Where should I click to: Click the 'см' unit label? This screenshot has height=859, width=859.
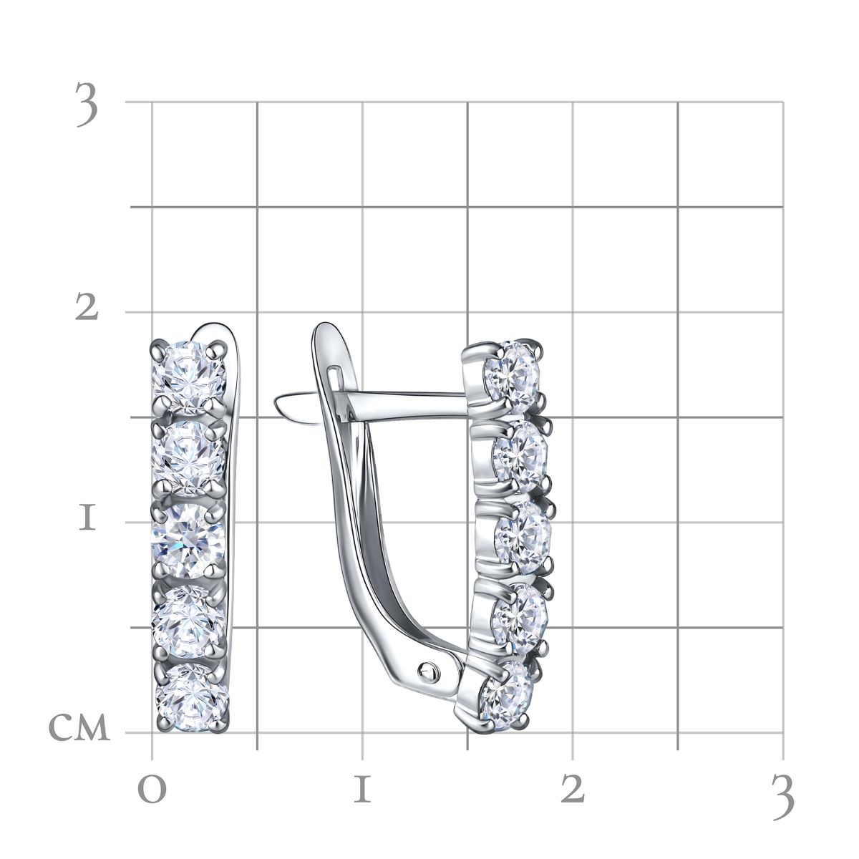(x=79, y=725)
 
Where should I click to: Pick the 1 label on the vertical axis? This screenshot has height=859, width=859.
(x=87, y=519)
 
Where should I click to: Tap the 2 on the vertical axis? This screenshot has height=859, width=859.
(x=86, y=306)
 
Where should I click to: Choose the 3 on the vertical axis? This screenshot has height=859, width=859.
(x=87, y=105)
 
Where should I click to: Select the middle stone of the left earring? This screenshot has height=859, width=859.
(x=188, y=540)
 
